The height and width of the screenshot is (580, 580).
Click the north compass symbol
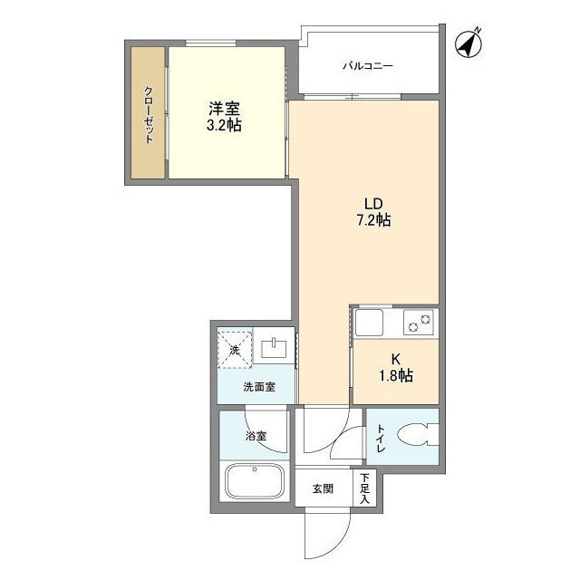(469, 43)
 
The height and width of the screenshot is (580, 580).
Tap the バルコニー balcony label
(367, 66)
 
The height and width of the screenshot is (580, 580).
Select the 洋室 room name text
(224, 109)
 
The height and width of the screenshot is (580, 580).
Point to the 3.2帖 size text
(224, 126)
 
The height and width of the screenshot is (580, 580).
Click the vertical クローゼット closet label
(149, 115)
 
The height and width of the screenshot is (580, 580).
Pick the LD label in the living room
(373, 204)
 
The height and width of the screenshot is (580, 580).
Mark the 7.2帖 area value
(373, 220)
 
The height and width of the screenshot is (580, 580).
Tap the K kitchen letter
(396, 359)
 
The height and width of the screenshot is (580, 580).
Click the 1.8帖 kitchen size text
(396, 376)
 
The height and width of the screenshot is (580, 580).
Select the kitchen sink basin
(369, 323)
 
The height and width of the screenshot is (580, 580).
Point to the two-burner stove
(419, 323)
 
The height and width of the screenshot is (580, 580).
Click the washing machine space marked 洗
(235, 350)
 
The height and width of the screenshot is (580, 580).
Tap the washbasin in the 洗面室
(274, 348)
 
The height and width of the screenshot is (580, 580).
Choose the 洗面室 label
(259, 387)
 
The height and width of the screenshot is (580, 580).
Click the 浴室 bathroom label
(256, 436)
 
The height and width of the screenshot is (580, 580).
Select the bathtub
(255, 481)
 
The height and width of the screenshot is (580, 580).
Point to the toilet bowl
(417, 435)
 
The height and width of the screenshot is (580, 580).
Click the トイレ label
(381, 439)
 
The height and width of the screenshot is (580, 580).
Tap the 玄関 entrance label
(323, 489)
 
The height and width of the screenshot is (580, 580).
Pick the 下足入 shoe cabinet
(364, 488)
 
